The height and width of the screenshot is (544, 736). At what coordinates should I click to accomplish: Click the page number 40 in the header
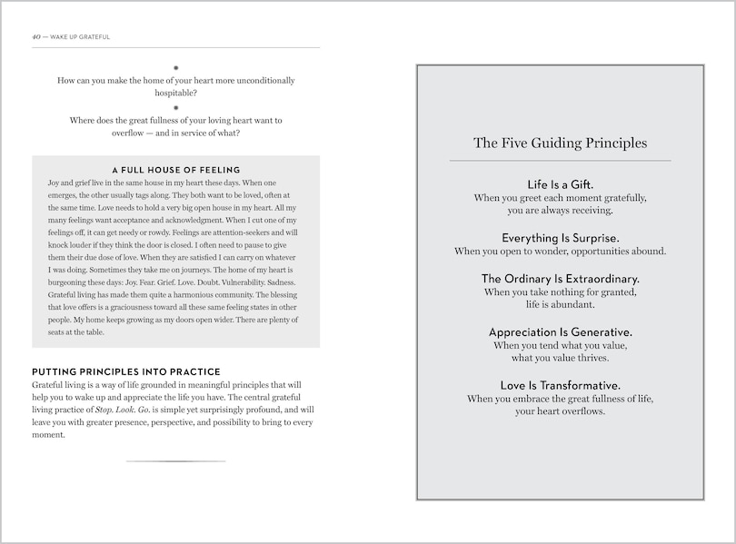(x=35, y=37)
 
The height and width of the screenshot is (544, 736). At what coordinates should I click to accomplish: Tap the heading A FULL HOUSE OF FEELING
(x=175, y=170)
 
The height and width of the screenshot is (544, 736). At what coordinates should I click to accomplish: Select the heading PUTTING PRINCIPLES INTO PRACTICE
(x=125, y=371)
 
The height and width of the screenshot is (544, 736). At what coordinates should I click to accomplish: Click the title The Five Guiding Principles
(x=560, y=143)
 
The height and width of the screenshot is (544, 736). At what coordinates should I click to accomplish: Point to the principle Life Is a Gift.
(x=560, y=183)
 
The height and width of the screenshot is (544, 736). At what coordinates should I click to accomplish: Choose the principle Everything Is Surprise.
(x=560, y=237)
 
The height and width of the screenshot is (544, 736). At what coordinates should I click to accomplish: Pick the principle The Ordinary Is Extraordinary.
(x=560, y=278)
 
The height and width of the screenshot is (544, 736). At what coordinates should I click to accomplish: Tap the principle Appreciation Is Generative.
(x=560, y=331)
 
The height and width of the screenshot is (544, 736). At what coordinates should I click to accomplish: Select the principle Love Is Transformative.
(x=560, y=385)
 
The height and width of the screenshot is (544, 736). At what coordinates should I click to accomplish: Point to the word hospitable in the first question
(x=175, y=93)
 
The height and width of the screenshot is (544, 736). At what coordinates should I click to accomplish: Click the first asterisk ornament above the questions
(x=175, y=67)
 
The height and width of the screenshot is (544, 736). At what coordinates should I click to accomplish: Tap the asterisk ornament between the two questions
(x=175, y=107)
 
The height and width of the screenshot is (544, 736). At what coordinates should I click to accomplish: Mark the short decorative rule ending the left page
(x=175, y=461)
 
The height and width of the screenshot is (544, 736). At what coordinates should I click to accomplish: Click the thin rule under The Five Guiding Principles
(x=560, y=161)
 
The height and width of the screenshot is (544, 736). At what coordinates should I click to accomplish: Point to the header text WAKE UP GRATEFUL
(x=80, y=37)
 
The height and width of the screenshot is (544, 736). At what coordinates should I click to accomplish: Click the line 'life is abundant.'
(x=560, y=305)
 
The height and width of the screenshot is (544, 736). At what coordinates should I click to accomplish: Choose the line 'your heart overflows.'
(x=560, y=411)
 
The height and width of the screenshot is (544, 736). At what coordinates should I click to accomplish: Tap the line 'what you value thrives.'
(x=560, y=358)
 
